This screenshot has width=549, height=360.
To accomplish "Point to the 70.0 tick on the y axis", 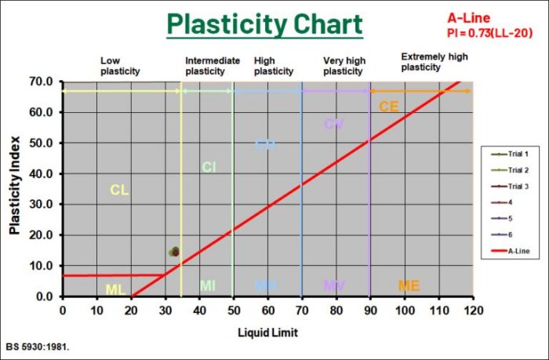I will coord(39,82).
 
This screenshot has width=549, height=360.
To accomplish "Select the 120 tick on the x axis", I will coord(473,310).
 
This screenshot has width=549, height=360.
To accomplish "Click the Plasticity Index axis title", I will coord(15,188).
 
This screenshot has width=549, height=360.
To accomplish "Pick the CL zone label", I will coord(119,190).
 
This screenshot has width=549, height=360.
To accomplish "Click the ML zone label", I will coord(115,289).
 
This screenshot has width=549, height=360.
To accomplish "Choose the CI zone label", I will coord(209,167).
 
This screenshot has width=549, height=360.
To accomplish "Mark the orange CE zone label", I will coord(389,107).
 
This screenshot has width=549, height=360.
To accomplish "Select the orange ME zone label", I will coord(409,285).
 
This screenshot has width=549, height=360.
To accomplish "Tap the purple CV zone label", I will coord(334,124).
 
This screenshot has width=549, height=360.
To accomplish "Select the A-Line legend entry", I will coord(518,251).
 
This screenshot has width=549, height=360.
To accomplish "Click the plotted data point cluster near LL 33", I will coord(174,252).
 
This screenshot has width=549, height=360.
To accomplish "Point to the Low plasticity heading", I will coord(120,65).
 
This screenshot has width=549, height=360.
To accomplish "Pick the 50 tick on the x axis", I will coord(234,310).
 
